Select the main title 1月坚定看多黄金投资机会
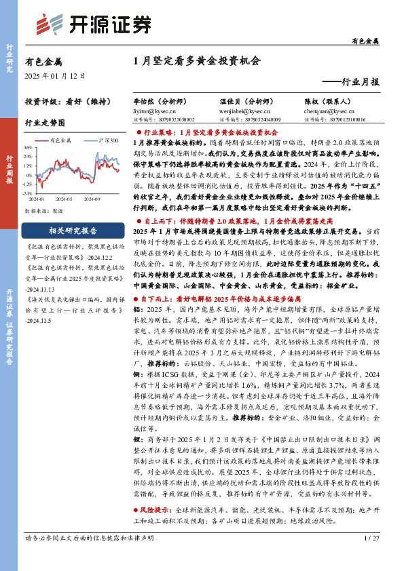tap(197, 60)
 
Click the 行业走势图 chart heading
tap(45, 123)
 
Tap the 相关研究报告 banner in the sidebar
tap(73, 230)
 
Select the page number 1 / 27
tap(371, 539)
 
